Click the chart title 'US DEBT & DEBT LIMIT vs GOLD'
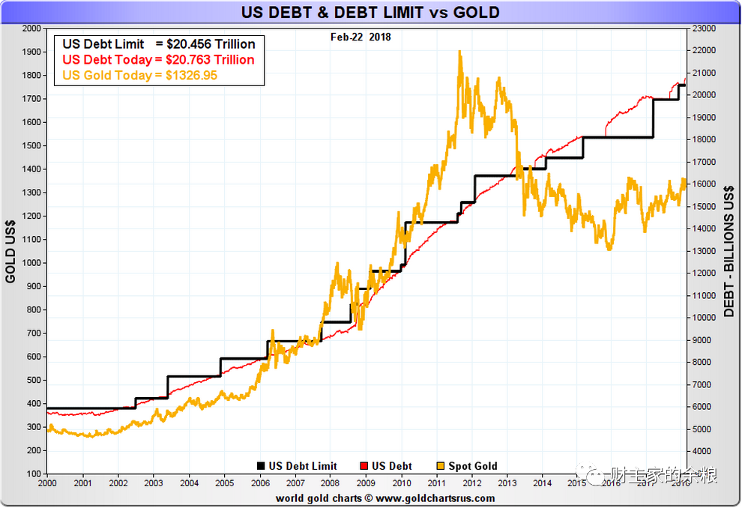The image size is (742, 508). tap(370, 13)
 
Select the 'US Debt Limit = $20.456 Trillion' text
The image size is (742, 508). tap(159, 44)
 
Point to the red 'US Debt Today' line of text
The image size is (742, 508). tap(158, 60)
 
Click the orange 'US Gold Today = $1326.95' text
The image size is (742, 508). tap(140, 76)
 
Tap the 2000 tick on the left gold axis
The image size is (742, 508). tap(32, 28)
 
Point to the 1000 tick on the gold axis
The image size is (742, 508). tap(32, 263)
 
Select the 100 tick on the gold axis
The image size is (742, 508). tap(34, 474)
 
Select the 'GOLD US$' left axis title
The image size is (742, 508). tap(10, 252)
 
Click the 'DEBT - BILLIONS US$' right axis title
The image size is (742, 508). tap(729, 252)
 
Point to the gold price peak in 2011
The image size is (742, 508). tap(459, 52)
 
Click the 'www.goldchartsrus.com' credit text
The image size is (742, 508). tap(435, 498)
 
